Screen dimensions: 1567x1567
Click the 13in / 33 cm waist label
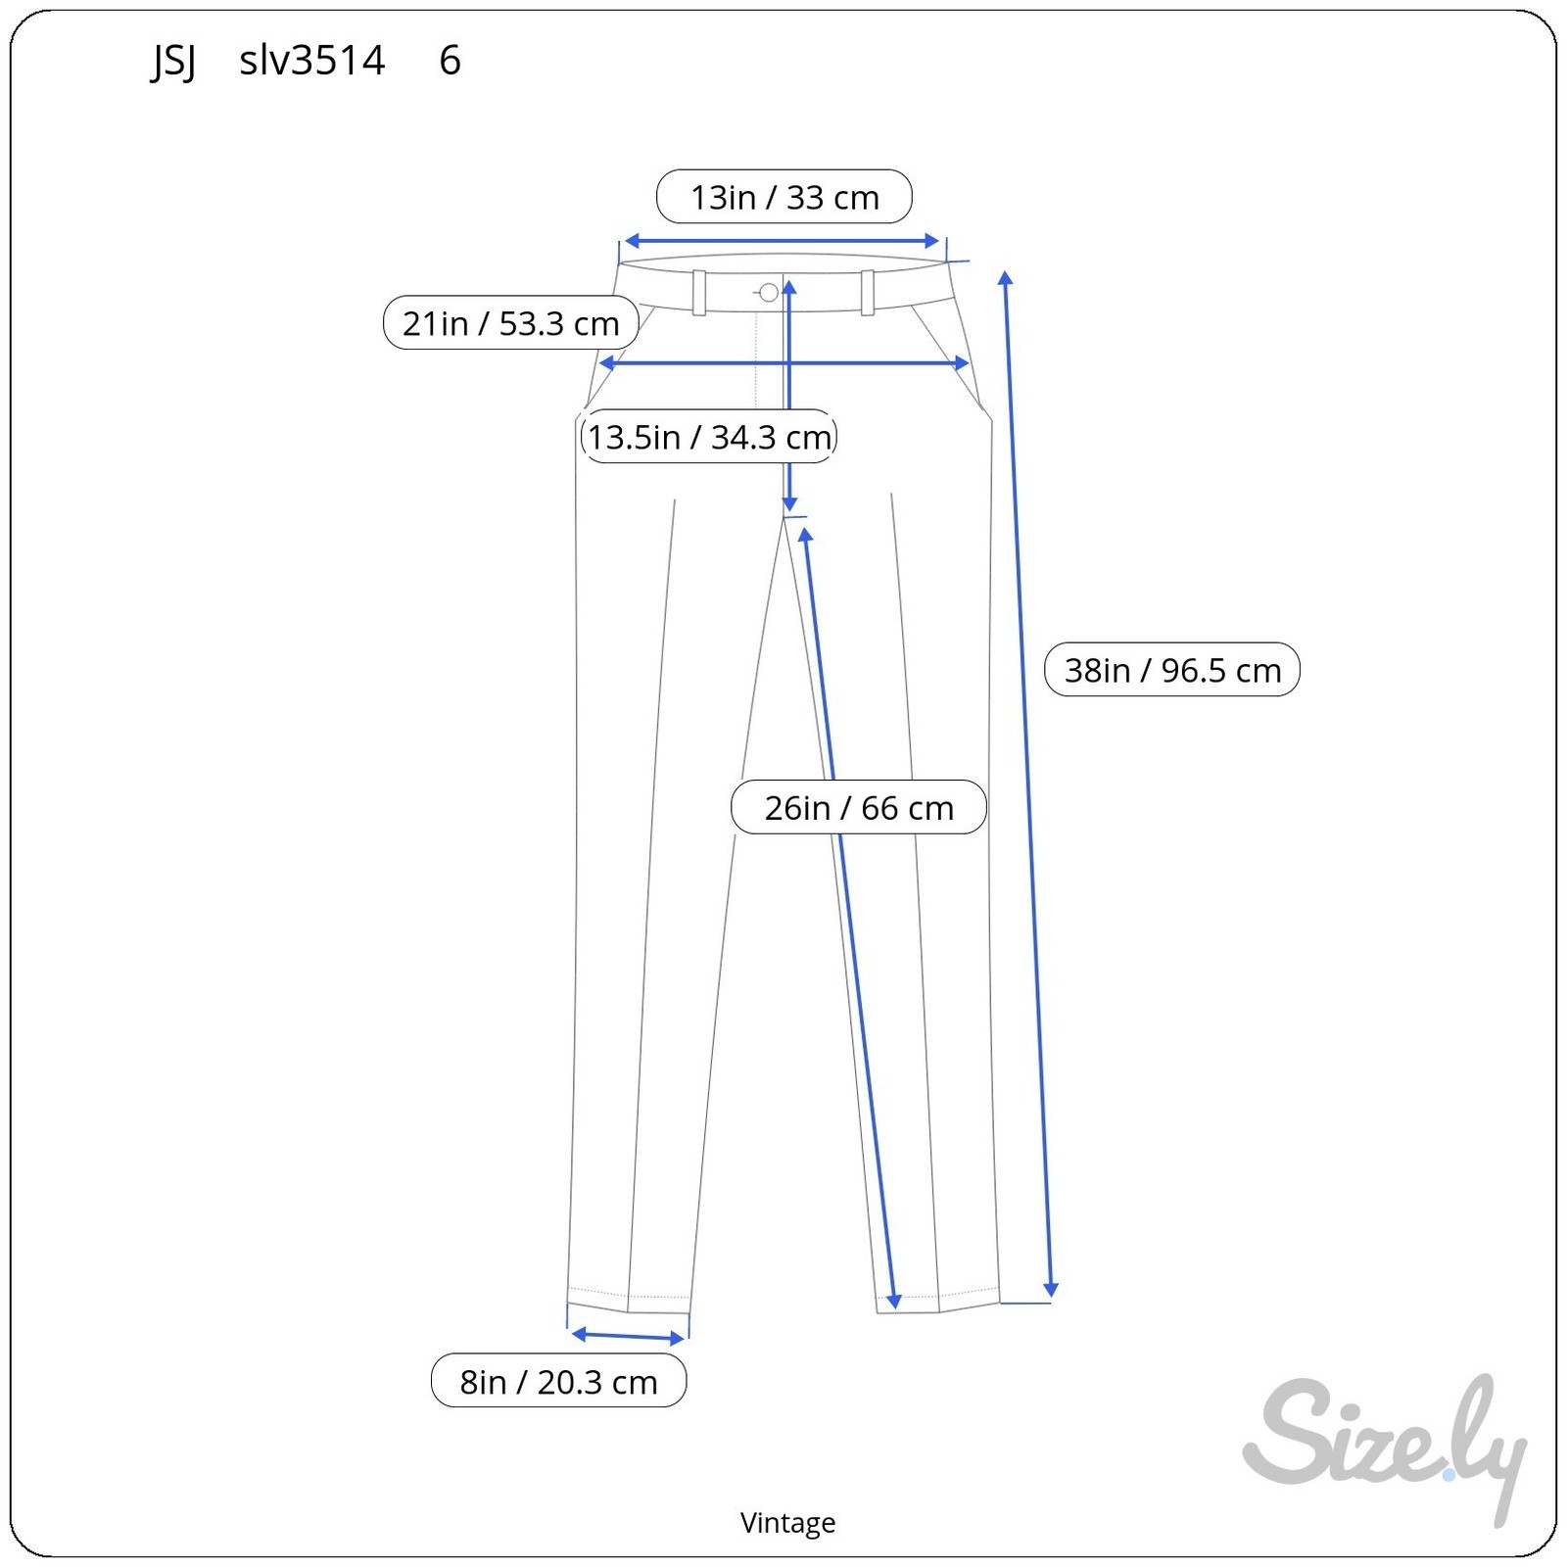784,197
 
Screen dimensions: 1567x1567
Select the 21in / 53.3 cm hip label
511,322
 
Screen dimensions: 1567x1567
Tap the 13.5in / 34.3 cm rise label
709,436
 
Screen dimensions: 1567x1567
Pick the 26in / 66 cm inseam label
859,807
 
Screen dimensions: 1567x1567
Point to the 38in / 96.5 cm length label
1172,669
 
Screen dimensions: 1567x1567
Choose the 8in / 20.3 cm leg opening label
559,1381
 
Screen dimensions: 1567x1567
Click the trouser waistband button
769,292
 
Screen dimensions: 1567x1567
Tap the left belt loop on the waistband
699,292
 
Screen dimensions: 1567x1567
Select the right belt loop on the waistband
868,292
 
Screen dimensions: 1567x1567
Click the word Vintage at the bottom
787,1522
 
